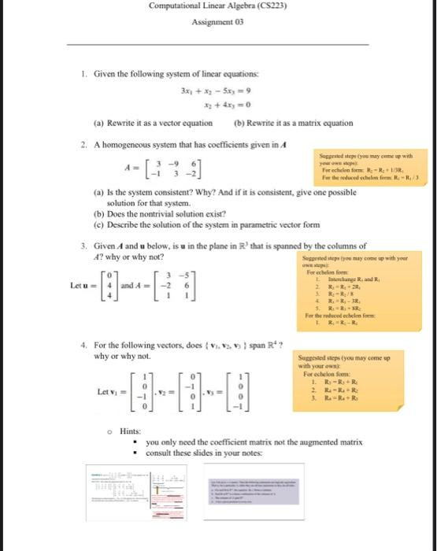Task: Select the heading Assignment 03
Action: pyautogui.click(x=218, y=23)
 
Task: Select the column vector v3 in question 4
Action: pyautogui.click(x=242, y=390)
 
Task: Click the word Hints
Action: pyautogui.click(x=131, y=431)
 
